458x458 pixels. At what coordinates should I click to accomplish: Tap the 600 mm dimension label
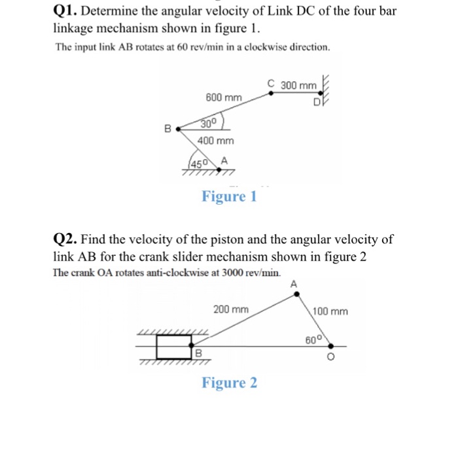224,97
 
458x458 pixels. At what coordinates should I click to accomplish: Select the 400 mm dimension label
215,141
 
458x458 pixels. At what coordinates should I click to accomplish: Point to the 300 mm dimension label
298,86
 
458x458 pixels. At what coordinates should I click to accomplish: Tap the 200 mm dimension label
231,309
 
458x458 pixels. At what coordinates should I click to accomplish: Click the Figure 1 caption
229,196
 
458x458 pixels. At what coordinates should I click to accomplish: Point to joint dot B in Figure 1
177,130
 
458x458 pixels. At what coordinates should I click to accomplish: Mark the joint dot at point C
273,94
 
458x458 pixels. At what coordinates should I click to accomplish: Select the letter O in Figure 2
331,358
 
